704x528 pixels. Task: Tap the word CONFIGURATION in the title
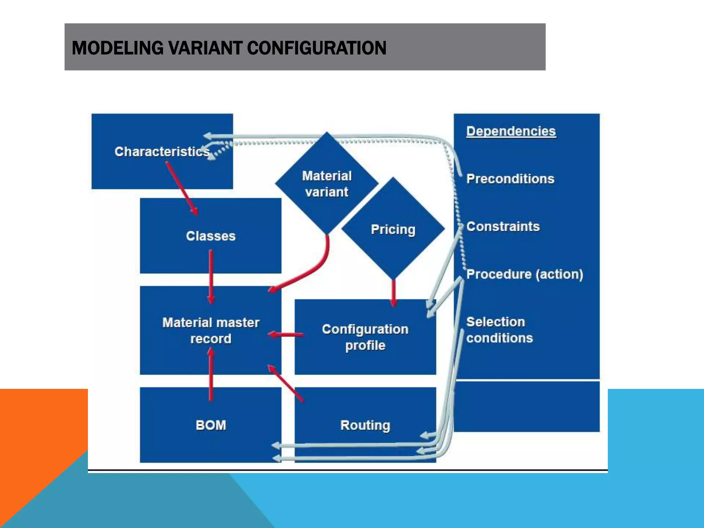317,48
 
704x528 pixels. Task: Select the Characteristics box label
162,152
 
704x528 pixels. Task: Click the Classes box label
211,236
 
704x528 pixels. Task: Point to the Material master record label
211,330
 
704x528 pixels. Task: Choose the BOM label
211,425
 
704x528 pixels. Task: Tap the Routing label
365,425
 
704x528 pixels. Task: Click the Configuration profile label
365,337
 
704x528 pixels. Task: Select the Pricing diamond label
393,229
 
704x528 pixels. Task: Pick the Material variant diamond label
327,184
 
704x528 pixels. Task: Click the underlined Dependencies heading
511,131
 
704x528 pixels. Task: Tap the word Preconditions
510,179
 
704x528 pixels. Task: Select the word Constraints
503,227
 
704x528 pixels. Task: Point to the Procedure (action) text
525,274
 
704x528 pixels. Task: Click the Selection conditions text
499,330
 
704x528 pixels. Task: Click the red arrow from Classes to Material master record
211,277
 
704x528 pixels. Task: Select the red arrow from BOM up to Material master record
211,375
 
